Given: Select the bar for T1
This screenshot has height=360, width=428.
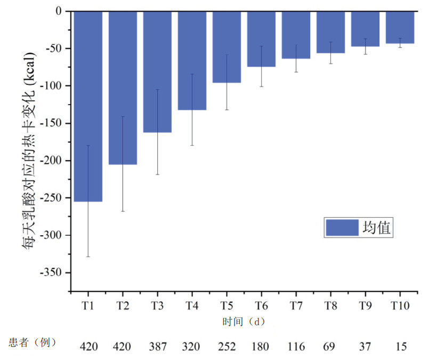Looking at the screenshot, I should pyautogui.click(x=88, y=106).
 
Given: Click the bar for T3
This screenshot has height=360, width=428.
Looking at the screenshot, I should pyautogui.click(x=157, y=71).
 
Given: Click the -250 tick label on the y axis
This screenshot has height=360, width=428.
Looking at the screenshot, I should pyautogui.click(x=53, y=198).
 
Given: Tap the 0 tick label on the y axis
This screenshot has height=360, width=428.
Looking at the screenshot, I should pyautogui.click(x=60, y=11).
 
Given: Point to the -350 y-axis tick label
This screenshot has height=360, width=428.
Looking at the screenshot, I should pyautogui.click(x=53, y=273).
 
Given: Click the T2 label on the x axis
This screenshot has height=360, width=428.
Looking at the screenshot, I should pyautogui.click(x=123, y=306).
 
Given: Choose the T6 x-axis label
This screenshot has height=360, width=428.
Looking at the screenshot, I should pyautogui.click(x=261, y=306).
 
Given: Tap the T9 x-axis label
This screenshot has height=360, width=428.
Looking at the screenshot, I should pyautogui.click(x=365, y=306).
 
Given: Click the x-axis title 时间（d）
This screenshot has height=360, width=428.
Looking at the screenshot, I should pyautogui.click(x=244, y=322).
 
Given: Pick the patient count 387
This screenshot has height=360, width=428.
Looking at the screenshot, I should pyautogui.click(x=157, y=347).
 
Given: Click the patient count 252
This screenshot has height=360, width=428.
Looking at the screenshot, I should pyautogui.click(x=227, y=347).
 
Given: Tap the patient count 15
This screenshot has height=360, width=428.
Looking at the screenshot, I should pyautogui.click(x=400, y=347).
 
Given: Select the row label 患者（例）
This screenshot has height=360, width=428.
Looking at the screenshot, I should pyautogui.click(x=33, y=342).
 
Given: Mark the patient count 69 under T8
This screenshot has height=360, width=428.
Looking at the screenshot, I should pyautogui.click(x=330, y=347).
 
